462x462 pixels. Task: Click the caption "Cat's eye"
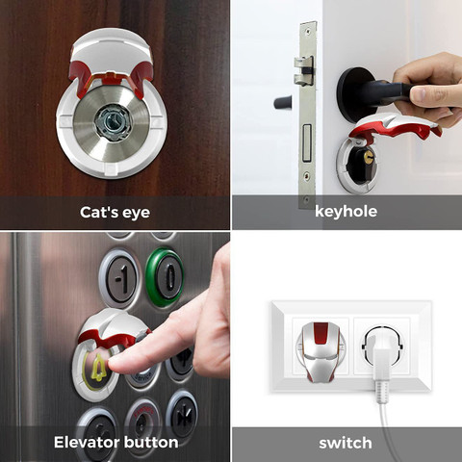tap(115, 213)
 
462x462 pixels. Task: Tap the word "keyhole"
tap(346, 212)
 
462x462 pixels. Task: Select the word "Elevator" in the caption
tap(87, 442)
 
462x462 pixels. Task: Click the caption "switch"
tap(346, 443)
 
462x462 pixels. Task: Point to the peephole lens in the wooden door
tap(114, 122)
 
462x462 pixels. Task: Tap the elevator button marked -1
tap(120, 278)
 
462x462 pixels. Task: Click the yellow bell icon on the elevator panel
tap(98, 368)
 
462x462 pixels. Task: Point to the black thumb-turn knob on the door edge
tap(282, 102)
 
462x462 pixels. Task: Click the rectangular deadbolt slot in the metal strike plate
tap(307, 142)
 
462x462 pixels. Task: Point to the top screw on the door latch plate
tap(308, 32)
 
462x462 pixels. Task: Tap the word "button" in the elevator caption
tap(151, 442)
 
